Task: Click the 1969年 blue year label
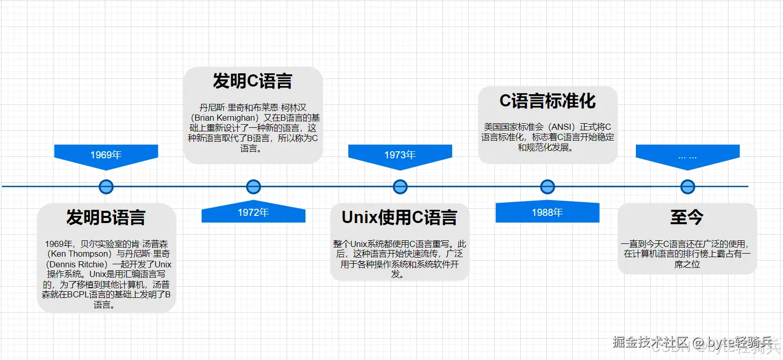(x=106, y=155)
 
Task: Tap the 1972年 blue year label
(x=253, y=212)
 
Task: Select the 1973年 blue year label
(x=400, y=155)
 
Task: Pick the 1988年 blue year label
(x=547, y=212)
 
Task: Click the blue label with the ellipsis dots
(x=687, y=155)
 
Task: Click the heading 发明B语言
(x=106, y=217)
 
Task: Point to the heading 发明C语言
(x=253, y=81)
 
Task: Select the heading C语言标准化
(x=547, y=101)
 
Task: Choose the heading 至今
(x=687, y=217)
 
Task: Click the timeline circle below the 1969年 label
(x=106, y=187)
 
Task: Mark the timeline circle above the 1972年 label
(x=254, y=187)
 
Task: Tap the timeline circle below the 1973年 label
(x=400, y=187)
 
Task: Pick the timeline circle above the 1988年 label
(x=547, y=187)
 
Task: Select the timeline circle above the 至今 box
(x=688, y=187)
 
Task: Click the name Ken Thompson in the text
(x=81, y=254)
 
